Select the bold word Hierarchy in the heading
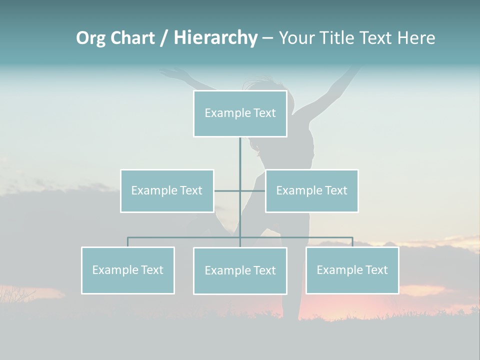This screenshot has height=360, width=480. coord(215,38)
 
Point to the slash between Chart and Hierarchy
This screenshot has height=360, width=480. coord(164,38)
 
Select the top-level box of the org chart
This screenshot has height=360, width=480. coord(240,113)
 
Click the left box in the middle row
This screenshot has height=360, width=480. coord(167,191)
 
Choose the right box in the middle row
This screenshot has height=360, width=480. coord(312,191)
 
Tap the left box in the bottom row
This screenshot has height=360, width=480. coord(128,270)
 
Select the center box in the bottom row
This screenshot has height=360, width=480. coord(240,271)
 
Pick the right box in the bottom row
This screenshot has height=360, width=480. coord(352,270)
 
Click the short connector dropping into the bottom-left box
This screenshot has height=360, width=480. coord(128,242)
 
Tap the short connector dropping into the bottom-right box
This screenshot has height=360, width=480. coord(352,242)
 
